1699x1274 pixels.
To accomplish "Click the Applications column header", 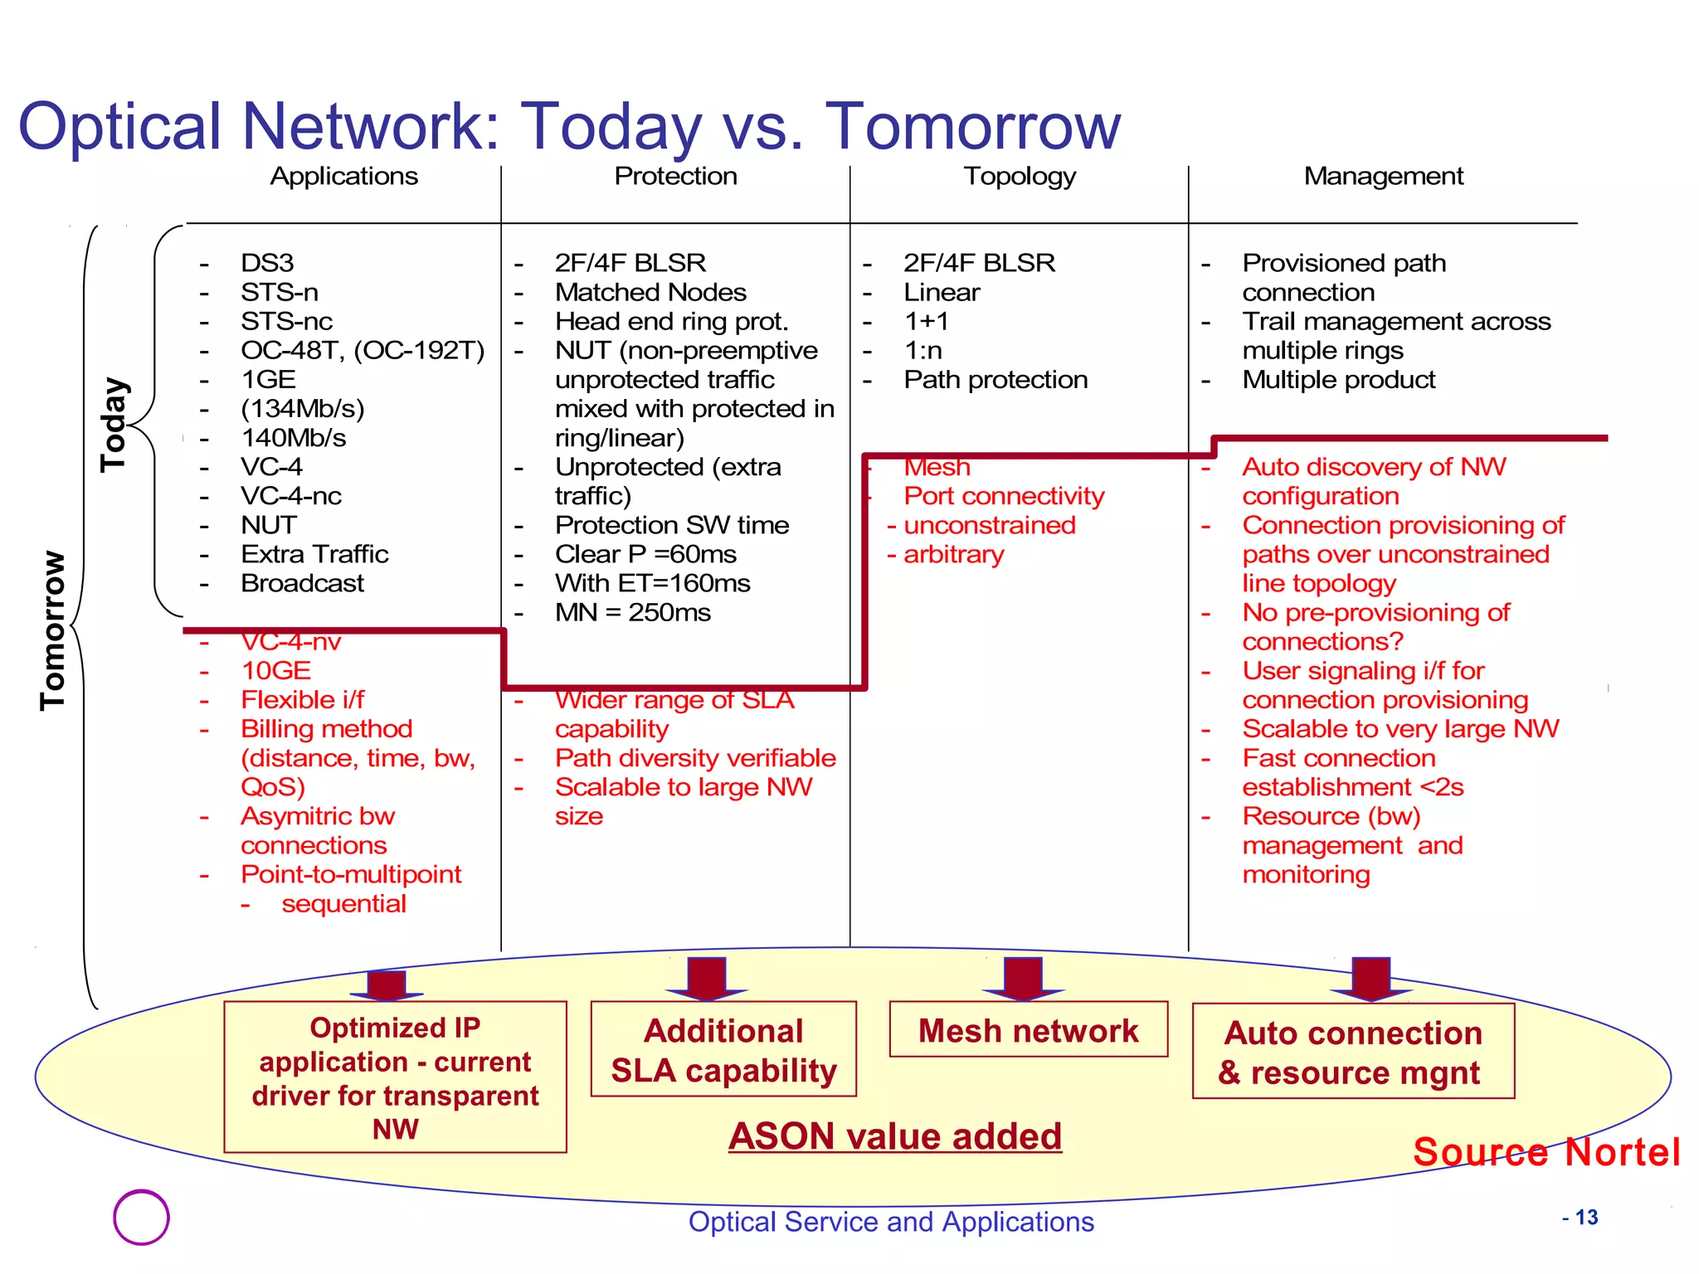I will (343, 176).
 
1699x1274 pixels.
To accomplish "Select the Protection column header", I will (675, 176).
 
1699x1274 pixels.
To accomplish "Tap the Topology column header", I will (1020, 176).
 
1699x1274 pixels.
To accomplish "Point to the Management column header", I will (1383, 176).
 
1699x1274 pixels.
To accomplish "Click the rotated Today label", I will (114, 425).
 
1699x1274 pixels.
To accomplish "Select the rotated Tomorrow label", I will (52, 630).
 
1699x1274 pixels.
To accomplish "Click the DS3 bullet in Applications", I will (267, 263).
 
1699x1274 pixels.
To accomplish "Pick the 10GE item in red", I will (275, 670).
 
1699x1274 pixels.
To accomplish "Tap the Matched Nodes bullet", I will (650, 292).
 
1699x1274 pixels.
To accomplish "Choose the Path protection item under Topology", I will (995, 379).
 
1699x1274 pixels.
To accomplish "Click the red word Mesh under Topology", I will (937, 468).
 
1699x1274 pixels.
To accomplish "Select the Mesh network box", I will (1028, 1030).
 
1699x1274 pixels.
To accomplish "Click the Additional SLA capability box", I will (723, 1050).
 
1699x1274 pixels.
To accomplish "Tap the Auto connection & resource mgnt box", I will (1353, 1052).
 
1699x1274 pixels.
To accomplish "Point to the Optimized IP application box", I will (395, 1077).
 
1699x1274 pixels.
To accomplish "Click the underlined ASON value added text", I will (894, 1136).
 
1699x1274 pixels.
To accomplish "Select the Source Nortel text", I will (1546, 1152).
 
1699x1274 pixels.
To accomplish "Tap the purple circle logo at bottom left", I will (141, 1217).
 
